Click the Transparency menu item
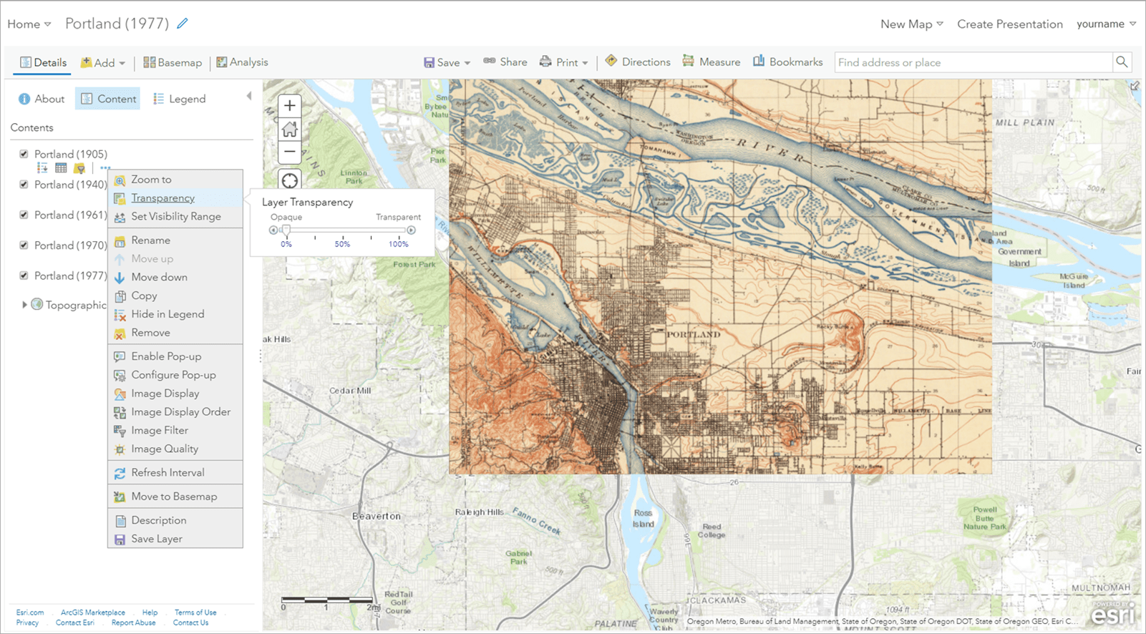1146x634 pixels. [162, 198]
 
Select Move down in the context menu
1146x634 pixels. [159, 277]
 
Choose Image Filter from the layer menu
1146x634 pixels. [159, 430]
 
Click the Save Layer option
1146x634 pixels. [156, 539]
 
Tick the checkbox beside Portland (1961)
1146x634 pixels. [24, 215]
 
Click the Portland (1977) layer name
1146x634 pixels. [70, 275]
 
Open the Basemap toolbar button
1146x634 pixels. [173, 62]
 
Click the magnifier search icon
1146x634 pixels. [1122, 62]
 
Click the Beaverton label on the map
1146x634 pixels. [377, 516]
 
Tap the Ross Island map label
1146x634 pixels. [643, 518]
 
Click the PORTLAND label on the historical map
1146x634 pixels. [693, 334]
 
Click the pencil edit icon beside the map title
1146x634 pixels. [183, 24]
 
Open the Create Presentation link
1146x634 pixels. [1009, 24]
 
